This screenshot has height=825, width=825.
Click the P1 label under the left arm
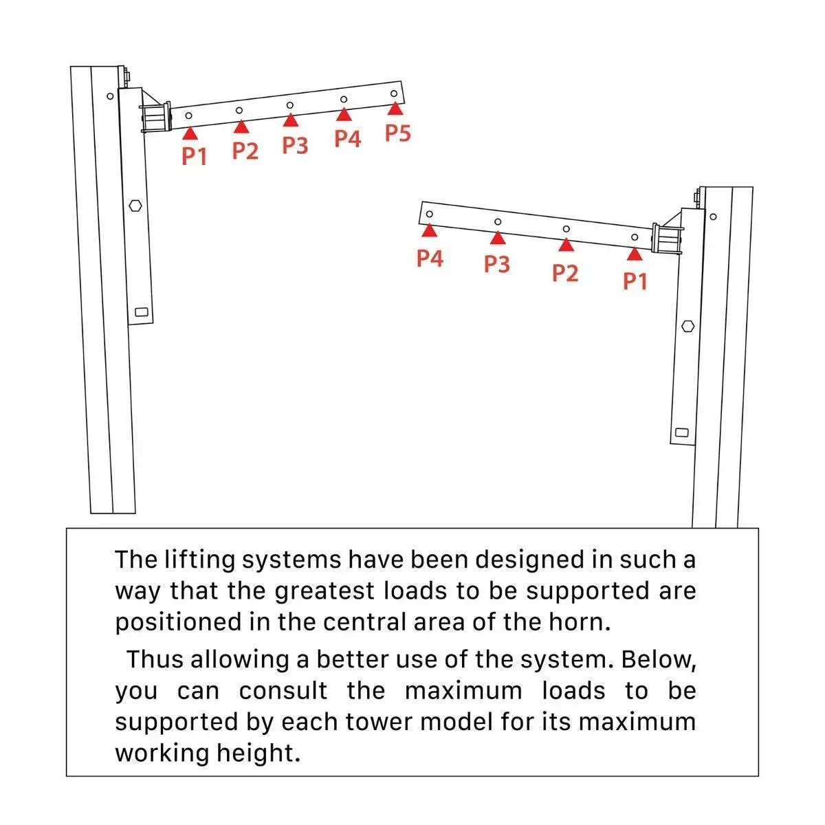pyautogui.click(x=195, y=156)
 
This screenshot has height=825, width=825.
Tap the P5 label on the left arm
pyautogui.click(x=397, y=133)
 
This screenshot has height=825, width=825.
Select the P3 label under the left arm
pyautogui.click(x=295, y=145)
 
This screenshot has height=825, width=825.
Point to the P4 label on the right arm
pyautogui.click(x=430, y=258)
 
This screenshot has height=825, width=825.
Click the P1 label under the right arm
pyautogui.click(x=635, y=280)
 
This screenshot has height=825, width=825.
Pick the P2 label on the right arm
pyautogui.click(x=565, y=273)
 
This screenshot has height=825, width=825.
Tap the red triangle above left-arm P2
pyautogui.click(x=241, y=126)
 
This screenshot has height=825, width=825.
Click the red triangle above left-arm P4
pyautogui.click(x=344, y=115)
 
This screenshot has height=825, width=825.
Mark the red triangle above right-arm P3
pyautogui.click(x=498, y=238)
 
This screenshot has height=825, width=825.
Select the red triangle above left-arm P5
pyautogui.click(x=394, y=108)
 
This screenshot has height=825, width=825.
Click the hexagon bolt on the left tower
pyautogui.click(x=135, y=205)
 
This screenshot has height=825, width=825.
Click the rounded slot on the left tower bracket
pyautogui.click(x=142, y=311)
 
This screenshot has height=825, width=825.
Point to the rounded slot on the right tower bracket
pyautogui.click(x=682, y=432)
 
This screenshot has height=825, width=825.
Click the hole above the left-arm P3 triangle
pyautogui.click(x=289, y=105)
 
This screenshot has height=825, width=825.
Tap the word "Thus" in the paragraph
pyautogui.click(x=155, y=659)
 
